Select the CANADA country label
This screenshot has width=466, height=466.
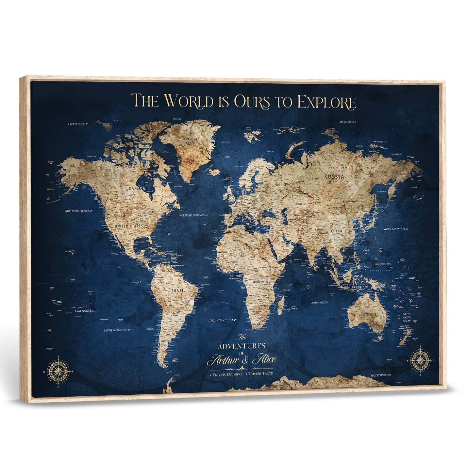pos(138,189)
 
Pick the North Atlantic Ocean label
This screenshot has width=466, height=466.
pos(194,215)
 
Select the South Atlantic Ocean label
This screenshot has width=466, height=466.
pos(223,320)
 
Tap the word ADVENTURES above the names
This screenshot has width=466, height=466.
pos(242,346)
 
